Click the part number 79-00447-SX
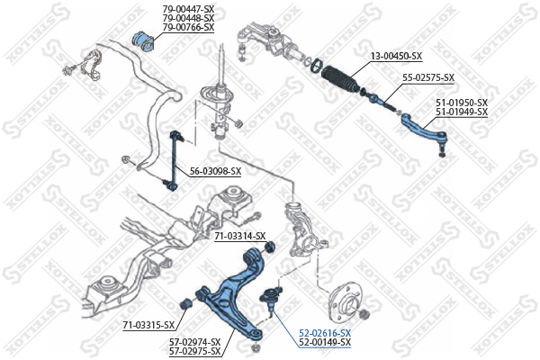(188, 9)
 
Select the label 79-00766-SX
(188, 27)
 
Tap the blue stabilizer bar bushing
(144, 41)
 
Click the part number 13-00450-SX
(396, 56)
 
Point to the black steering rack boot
(340, 80)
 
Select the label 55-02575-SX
(428, 78)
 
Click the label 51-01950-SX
(462, 103)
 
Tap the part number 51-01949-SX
(462, 112)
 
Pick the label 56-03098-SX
(216, 171)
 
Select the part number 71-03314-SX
(240, 237)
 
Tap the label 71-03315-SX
(148, 325)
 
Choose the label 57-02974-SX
(194, 342)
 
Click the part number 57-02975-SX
(194, 351)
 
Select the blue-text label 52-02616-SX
(325, 334)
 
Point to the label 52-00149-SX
(325, 342)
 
